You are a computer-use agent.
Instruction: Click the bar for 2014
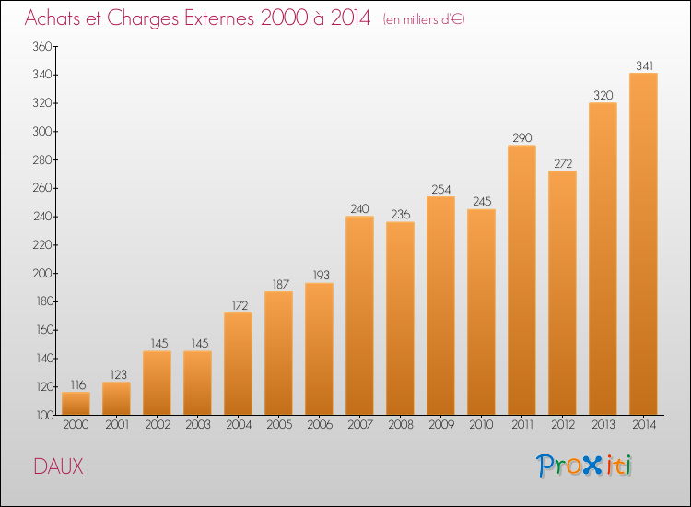click(643, 244)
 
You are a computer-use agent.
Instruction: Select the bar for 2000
click(76, 404)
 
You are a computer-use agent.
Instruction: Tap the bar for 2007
click(359, 315)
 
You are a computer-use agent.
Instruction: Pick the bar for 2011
click(521, 280)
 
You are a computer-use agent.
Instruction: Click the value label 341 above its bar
click(643, 65)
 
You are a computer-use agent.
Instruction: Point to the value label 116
click(76, 383)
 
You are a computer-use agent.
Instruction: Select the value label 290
click(521, 137)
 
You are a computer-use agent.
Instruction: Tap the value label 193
click(319, 275)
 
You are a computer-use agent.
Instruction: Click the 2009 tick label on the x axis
click(440, 425)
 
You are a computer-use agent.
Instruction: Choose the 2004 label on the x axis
click(238, 425)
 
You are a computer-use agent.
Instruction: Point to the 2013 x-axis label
click(603, 425)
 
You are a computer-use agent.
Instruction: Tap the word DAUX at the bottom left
click(58, 466)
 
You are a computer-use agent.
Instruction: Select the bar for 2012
click(562, 293)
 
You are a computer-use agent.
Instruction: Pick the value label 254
click(440, 189)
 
